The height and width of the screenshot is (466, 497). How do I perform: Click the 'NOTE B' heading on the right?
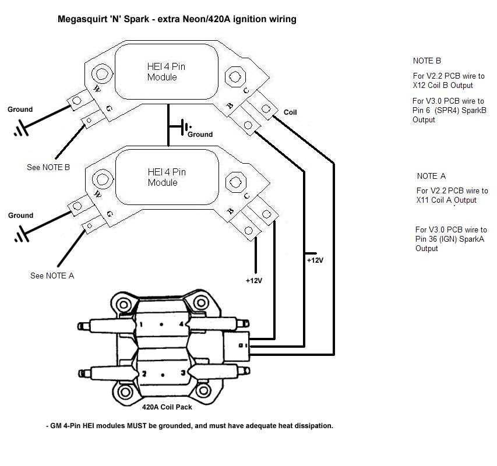click(x=426, y=61)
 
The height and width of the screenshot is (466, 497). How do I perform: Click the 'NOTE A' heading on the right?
click(x=431, y=176)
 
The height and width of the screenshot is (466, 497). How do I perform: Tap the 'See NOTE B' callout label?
click(x=48, y=167)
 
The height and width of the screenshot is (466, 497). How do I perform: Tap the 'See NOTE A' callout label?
click(x=52, y=276)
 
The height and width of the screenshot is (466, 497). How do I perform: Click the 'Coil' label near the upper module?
click(x=290, y=112)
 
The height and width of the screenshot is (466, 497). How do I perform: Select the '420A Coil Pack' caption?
click(x=167, y=407)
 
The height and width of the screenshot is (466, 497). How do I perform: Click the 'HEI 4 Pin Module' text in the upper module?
click(x=166, y=72)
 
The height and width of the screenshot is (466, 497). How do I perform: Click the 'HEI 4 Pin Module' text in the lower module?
click(x=166, y=177)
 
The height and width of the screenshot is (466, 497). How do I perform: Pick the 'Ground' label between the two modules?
click(x=200, y=135)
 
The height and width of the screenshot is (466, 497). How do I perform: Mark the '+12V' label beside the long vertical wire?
click(x=315, y=260)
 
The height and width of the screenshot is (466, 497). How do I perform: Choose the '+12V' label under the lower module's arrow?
click(x=253, y=281)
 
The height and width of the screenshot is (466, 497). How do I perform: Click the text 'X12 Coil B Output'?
click(x=442, y=86)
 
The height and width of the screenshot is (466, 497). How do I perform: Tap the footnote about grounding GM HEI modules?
click(x=190, y=426)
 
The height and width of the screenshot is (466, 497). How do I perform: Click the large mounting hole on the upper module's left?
click(x=103, y=74)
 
